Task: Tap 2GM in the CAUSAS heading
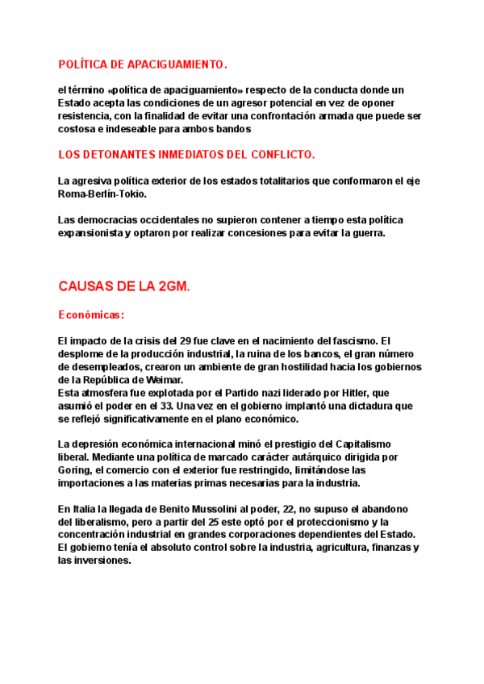(x=173, y=287)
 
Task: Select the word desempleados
(x=93, y=367)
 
